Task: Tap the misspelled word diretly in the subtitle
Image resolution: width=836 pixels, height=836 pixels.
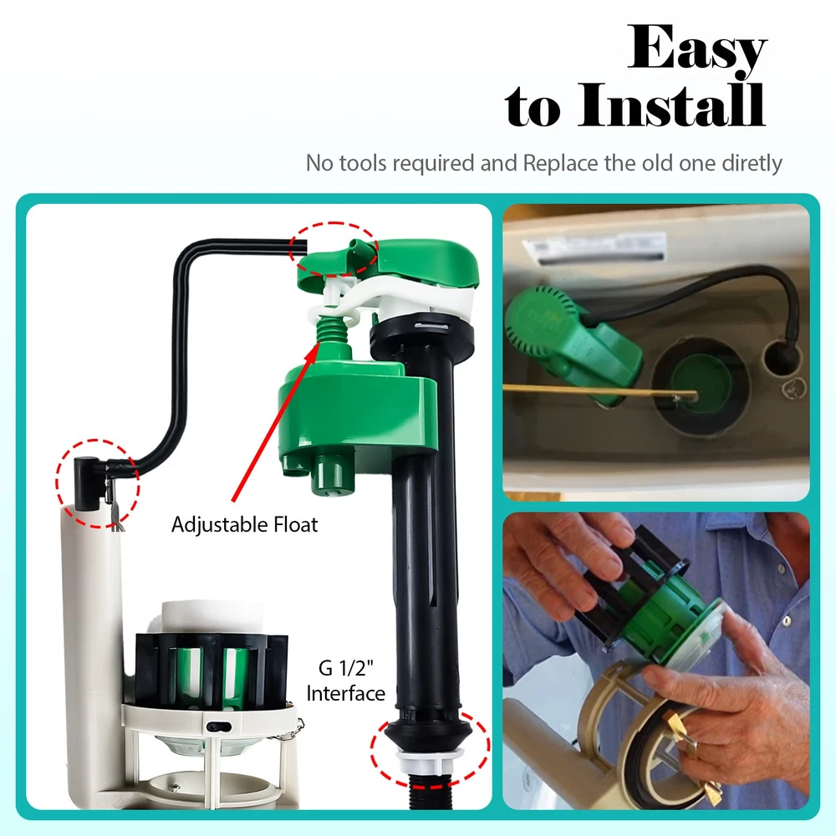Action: (752, 163)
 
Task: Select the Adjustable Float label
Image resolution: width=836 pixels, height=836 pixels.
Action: (244, 525)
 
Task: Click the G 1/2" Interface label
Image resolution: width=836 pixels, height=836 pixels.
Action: (345, 681)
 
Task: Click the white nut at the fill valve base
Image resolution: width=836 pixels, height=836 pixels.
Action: (431, 762)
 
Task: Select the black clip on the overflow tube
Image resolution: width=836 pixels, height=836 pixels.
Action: (86, 483)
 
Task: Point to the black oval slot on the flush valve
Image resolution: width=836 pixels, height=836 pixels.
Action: (218, 726)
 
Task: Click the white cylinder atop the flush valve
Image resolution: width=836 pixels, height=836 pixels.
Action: (212, 618)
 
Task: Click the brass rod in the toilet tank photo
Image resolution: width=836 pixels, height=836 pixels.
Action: (599, 390)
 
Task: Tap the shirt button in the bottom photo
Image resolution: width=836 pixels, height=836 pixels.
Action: (786, 620)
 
